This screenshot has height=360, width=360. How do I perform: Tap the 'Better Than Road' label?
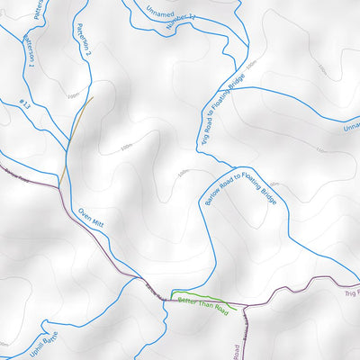[202, 302]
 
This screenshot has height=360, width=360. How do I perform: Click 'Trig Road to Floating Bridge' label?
[221, 117]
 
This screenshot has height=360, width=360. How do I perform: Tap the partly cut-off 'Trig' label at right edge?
[351, 293]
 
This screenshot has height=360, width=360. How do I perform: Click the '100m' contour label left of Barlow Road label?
[184, 173]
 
